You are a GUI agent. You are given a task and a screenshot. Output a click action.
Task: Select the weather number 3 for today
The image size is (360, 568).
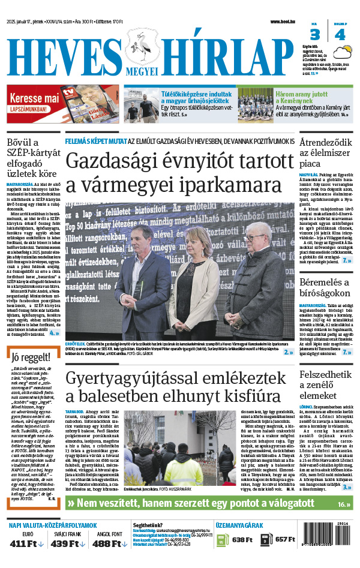[314, 34]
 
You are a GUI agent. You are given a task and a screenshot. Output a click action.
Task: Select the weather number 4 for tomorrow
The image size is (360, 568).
[340, 34]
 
